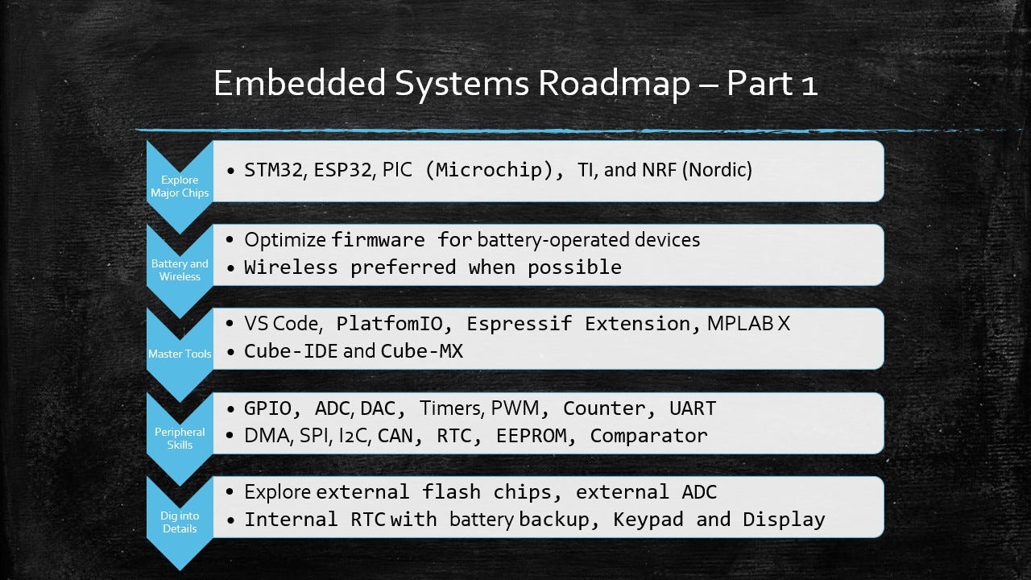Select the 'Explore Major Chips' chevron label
pyautogui.click(x=180, y=186)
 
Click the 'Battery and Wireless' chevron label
pyautogui.click(x=180, y=270)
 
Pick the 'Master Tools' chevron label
pyautogui.click(x=180, y=354)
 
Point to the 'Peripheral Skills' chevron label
pyautogui.click(x=180, y=438)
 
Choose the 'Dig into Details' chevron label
pyautogui.click(x=180, y=522)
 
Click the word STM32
pyautogui.click(x=271, y=172)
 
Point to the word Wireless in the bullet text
pyautogui.click(x=291, y=267)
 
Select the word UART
pyautogui.click(x=692, y=408)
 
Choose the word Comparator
pyautogui.click(x=648, y=436)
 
